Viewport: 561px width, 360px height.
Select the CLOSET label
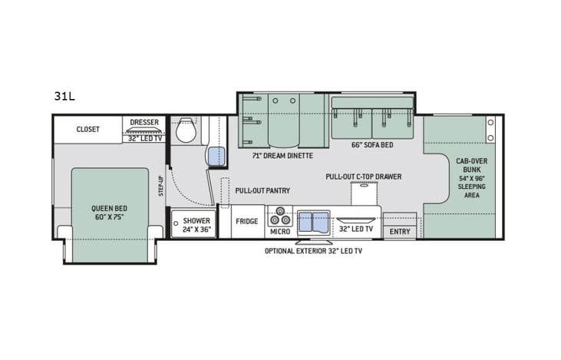click(x=87, y=130)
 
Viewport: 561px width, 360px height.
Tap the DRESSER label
click(x=144, y=122)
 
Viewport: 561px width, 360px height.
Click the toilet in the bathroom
click(x=185, y=131)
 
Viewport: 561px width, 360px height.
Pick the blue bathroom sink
click(x=216, y=156)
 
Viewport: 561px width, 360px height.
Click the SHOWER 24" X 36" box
click(x=192, y=224)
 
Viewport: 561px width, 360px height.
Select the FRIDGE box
click(x=246, y=221)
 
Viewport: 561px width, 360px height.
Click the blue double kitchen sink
click(x=313, y=222)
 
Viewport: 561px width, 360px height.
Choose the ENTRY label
click(x=400, y=231)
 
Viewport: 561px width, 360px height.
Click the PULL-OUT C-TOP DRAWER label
click(x=363, y=177)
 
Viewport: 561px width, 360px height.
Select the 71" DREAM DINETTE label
click(x=282, y=155)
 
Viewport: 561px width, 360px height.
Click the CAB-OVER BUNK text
click(x=469, y=165)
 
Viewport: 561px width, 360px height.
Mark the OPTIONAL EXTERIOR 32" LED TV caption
click(x=314, y=251)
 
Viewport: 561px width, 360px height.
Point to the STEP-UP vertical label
click(x=161, y=183)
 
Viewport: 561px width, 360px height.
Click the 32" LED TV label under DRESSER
click(x=144, y=138)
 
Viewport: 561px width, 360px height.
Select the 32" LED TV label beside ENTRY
click(x=356, y=229)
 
